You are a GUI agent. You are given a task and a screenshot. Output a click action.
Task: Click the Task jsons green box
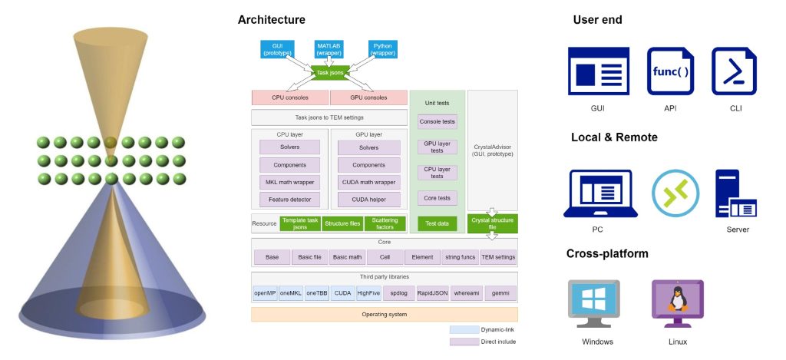331,73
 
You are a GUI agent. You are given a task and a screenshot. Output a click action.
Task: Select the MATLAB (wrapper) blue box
329,50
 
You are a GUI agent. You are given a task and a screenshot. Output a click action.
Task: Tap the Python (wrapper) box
383,50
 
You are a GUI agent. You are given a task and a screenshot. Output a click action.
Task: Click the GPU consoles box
368,98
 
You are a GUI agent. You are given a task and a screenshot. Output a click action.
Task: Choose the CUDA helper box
368,200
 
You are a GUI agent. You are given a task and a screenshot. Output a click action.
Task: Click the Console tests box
438,121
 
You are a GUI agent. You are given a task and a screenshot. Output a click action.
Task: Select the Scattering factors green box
385,223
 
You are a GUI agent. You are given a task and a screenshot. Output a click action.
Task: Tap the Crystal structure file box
493,223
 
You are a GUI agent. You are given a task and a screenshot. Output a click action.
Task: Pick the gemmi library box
501,293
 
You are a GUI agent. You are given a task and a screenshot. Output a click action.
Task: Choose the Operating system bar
384,315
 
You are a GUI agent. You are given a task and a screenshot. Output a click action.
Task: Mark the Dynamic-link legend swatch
462,329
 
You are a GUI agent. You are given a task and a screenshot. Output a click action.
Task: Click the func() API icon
670,73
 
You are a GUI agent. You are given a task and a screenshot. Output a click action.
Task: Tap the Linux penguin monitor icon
678,303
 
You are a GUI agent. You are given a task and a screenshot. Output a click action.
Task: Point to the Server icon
735,193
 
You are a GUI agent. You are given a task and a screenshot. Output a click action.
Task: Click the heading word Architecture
271,20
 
